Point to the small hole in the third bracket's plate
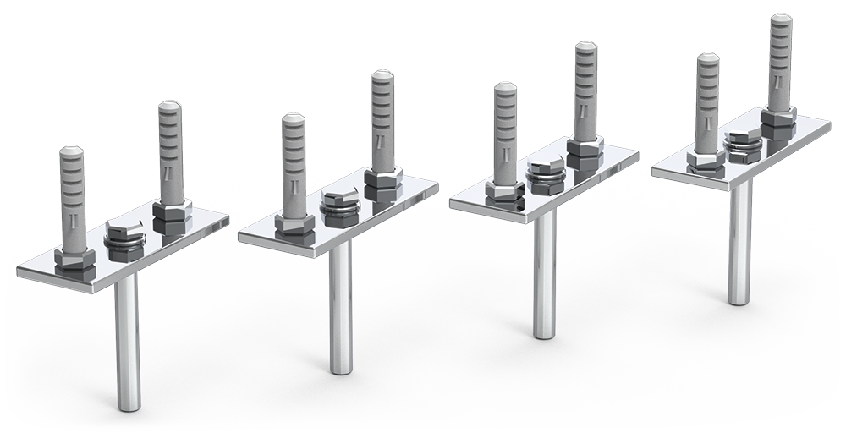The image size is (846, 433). (x=515, y=203)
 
